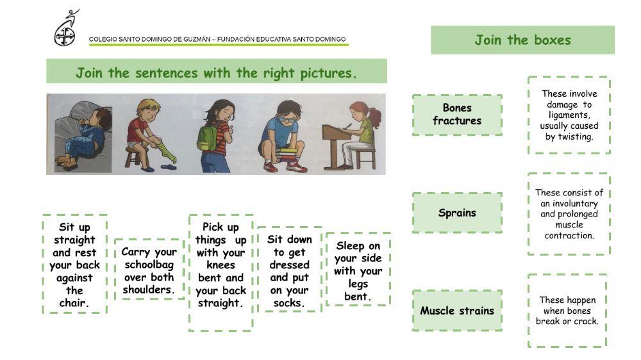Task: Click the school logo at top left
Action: (x=65, y=28)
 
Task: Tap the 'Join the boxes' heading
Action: (x=522, y=40)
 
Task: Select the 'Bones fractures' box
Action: (x=457, y=115)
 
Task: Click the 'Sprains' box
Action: (x=457, y=213)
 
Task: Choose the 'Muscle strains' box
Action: (x=457, y=311)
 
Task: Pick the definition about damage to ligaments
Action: (x=569, y=115)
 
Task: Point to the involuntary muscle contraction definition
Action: (x=569, y=214)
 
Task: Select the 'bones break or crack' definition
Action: (x=567, y=311)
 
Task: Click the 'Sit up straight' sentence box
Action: (x=74, y=265)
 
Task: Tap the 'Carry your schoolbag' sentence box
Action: (x=149, y=270)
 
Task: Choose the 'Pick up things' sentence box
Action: (x=221, y=272)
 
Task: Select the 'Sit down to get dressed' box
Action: (x=289, y=270)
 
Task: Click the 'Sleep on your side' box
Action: (x=357, y=270)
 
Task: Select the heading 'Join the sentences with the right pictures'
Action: (x=216, y=72)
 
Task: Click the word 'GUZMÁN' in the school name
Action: (x=195, y=40)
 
